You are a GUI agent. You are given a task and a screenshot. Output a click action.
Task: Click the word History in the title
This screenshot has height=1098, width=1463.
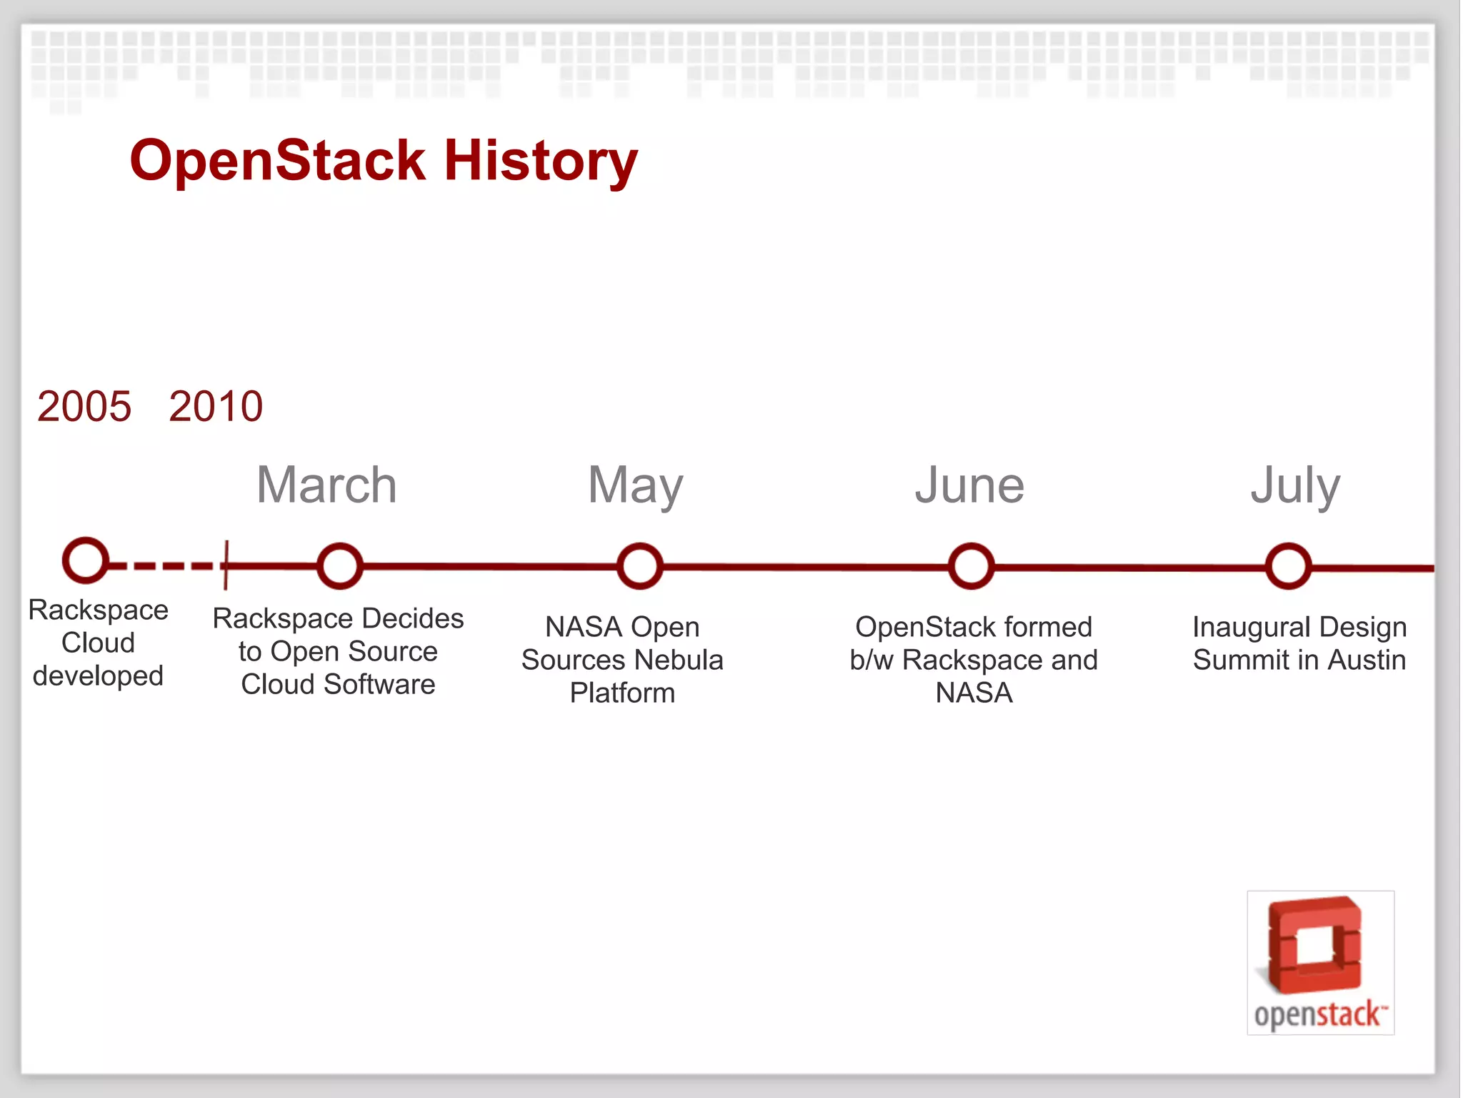tap(540, 162)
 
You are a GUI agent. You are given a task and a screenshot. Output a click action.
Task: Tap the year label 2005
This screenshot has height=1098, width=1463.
tap(84, 406)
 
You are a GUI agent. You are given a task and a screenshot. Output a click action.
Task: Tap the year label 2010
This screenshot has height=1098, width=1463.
tap(216, 406)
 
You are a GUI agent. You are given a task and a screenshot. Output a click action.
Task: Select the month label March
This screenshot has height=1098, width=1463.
tap(326, 485)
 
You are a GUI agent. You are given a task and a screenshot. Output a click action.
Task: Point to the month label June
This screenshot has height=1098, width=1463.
tap(969, 485)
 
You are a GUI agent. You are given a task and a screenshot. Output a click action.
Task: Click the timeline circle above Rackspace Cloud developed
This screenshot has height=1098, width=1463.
tap(86, 560)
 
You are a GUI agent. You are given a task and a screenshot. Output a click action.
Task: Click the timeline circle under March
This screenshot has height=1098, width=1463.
tap(339, 565)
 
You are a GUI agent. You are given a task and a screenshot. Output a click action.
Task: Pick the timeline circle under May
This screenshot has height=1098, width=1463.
tap(639, 566)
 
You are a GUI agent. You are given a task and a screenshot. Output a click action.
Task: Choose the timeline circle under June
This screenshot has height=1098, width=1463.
tap(971, 566)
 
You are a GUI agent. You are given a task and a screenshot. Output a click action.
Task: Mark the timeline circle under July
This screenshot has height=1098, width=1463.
tap(1288, 566)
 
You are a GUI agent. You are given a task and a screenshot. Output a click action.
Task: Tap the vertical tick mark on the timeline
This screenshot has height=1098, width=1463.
tap(226, 565)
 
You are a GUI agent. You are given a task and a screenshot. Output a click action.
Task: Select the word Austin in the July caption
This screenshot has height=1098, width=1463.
tap(1367, 660)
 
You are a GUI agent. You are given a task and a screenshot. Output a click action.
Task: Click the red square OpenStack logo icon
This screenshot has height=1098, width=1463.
tap(1315, 945)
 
